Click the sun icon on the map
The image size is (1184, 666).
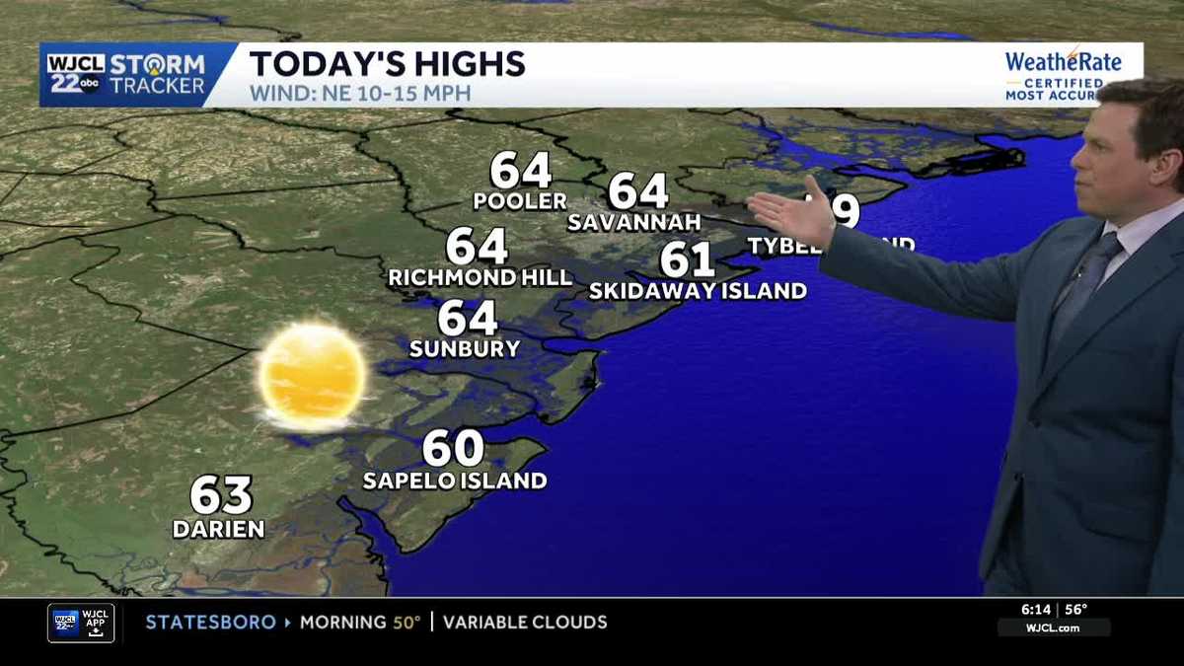click(312, 376)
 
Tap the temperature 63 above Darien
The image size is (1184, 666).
click(221, 495)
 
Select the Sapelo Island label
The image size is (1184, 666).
click(454, 481)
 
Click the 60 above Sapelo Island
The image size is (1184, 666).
click(454, 448)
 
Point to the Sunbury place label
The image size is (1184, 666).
click(464, 349)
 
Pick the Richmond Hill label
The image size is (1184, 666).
click(481, 278)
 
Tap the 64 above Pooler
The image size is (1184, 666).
click(520, 171)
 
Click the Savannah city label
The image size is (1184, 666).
click(633, 222)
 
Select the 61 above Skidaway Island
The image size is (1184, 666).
click(687, 259)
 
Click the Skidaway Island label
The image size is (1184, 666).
click(698, 291)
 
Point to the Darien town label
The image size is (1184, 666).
click(219, 530)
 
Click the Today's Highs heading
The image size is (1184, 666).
click(387, 64)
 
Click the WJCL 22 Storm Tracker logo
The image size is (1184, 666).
click(126, 74)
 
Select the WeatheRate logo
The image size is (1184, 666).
click(1063, 74)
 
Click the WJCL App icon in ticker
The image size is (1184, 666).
click(81, 623)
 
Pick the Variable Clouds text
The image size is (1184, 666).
click(525, 623)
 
